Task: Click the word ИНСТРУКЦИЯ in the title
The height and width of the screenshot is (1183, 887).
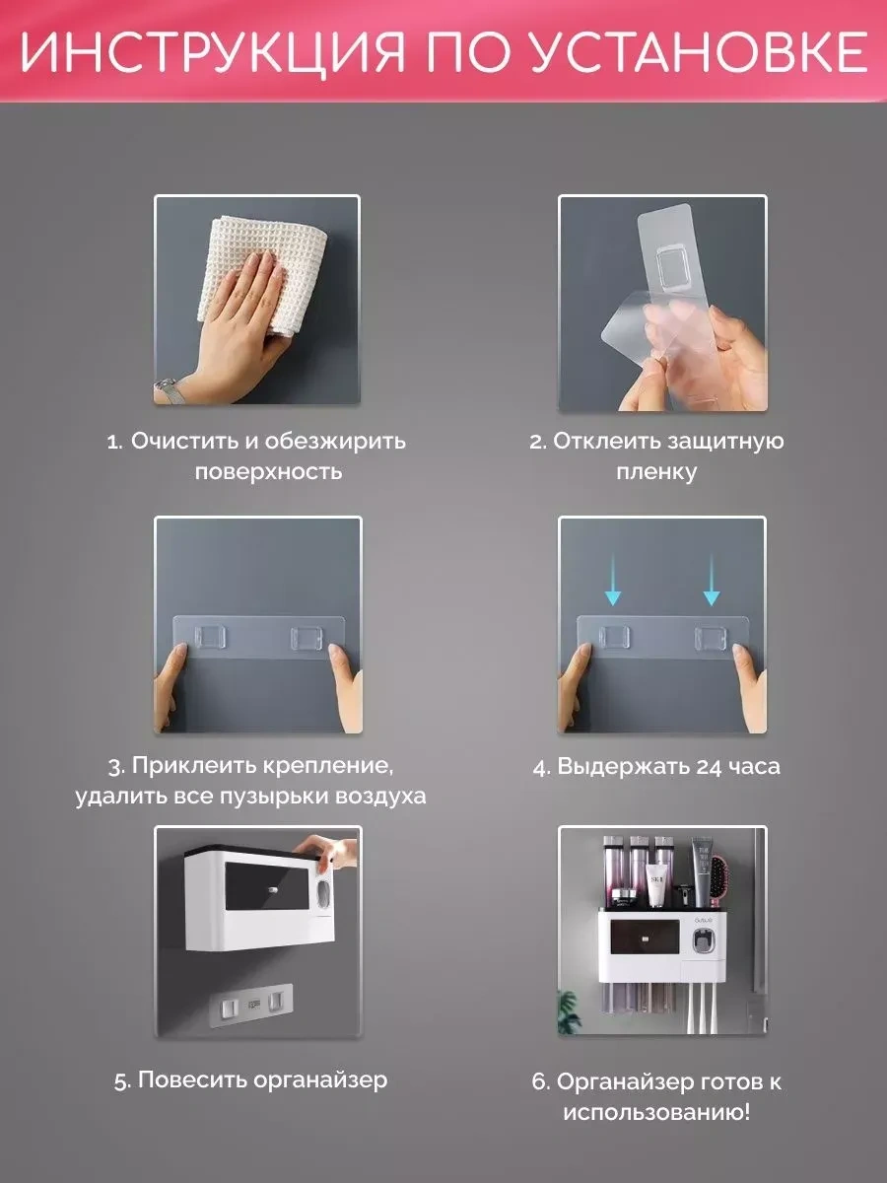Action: (x=213, y=50)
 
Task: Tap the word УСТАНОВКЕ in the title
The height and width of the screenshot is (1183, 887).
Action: (x=698, y=50)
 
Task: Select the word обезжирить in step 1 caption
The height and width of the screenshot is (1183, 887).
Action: (x=335, y=441)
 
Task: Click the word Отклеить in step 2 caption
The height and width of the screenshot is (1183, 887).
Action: (x=607, y=441)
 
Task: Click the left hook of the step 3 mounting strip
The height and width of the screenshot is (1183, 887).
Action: (x=209, y=638)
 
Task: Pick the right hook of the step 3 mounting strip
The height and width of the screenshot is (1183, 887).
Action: (x=307, y=638)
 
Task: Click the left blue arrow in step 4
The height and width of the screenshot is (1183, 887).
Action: (x=613, y=580)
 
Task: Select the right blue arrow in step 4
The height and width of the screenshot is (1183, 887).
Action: (x=712, y=580)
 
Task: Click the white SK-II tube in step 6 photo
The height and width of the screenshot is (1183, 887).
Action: (x=655, y=885)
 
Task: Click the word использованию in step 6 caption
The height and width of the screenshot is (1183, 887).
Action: (x=656, y=1113)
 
